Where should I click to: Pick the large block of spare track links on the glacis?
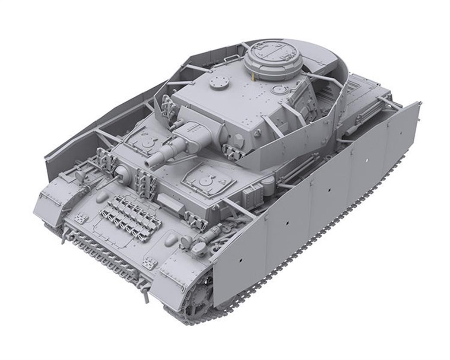pos(130,217)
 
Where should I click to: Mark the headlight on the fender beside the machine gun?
pos(80,175)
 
